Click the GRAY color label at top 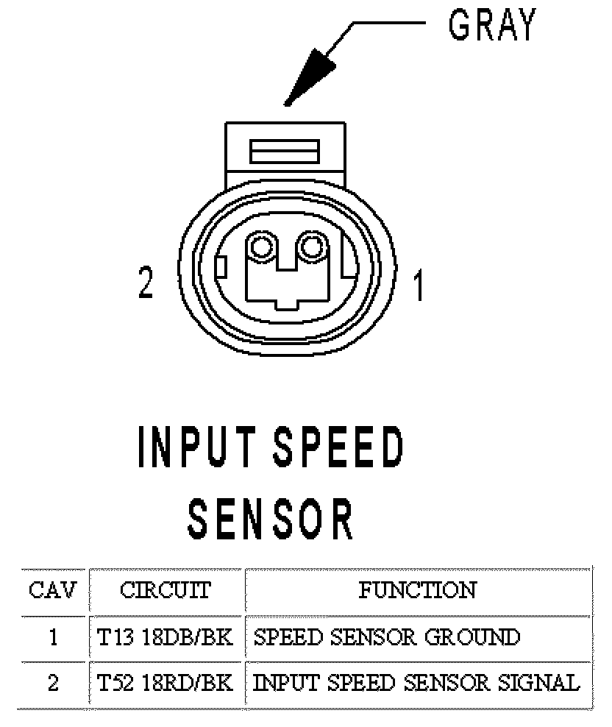coord(492,26)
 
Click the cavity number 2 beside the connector coord(146,283)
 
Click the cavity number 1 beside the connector coord(418,286)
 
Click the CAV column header coord(52,590)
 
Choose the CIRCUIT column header coord(166,590)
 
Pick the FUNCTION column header coord(417,590)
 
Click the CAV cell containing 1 coord(53,636)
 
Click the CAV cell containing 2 coord(53,684)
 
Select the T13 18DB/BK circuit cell coord(166,636)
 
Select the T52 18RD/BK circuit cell coord(166,684)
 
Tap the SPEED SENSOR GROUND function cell coord(387,636)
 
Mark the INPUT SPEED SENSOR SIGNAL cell coord(416,684)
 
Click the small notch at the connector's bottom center coord(288,302)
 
